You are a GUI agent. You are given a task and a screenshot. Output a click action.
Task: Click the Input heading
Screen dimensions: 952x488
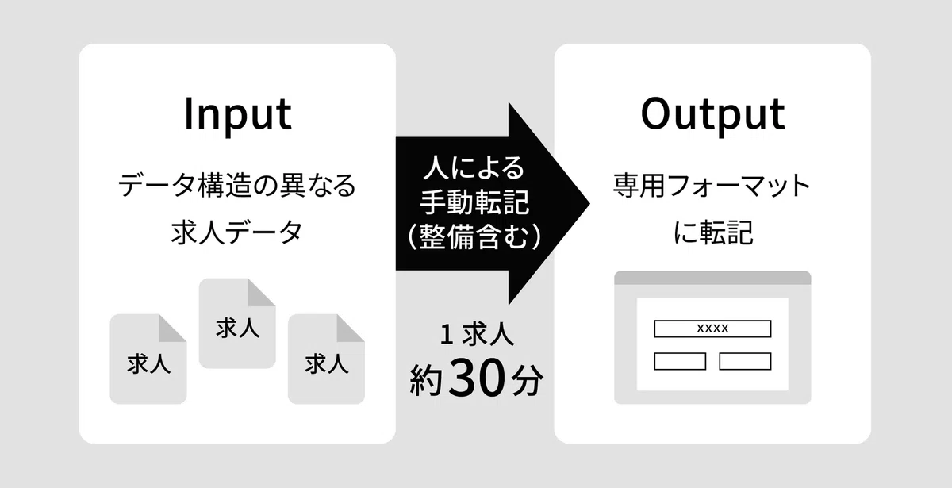238,114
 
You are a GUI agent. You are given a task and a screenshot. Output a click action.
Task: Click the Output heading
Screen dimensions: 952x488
712,114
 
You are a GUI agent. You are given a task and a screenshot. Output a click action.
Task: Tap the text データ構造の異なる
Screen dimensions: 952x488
237,186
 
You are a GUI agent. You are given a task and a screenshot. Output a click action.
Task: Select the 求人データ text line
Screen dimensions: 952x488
236,232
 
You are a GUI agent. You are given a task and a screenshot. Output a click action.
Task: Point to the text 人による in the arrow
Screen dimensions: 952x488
474,167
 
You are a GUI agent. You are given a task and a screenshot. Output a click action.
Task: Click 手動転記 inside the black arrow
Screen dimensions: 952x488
474,202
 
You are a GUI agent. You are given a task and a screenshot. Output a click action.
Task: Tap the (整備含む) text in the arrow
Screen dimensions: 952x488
474,236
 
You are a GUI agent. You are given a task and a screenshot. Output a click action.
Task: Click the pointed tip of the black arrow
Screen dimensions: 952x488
589,204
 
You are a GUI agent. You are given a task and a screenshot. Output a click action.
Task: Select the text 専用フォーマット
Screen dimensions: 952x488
712,186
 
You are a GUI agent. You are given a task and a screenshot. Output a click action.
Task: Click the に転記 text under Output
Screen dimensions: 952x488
712,232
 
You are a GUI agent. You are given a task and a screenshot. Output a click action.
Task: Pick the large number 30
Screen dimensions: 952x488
476,378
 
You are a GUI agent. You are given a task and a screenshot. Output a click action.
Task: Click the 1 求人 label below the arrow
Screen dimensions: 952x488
477,334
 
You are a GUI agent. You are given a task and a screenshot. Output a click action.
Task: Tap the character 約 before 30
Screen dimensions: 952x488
427,379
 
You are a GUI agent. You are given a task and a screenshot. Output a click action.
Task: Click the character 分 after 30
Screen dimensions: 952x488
527,379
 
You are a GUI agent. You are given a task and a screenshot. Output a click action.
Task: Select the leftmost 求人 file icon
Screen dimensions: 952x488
148,359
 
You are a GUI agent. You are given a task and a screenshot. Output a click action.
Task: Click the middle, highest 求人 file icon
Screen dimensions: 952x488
237,324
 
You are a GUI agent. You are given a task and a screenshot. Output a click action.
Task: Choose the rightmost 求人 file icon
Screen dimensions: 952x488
326,359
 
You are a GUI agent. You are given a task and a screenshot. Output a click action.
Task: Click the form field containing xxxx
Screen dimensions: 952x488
712,329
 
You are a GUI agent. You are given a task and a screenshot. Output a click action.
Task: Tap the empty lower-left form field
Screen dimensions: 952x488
680,361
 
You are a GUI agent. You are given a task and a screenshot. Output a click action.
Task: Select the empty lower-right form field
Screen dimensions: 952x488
745,361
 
